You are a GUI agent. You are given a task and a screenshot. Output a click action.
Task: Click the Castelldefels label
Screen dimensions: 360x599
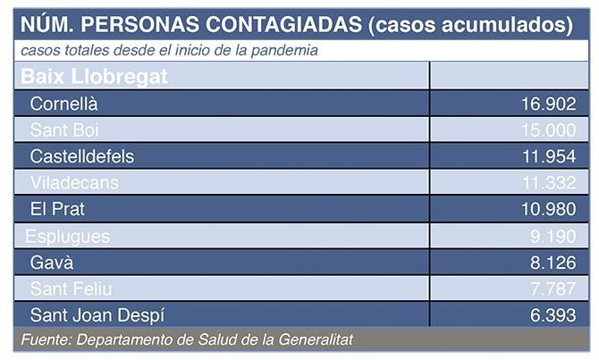pyautogui.click(x=81, y=156)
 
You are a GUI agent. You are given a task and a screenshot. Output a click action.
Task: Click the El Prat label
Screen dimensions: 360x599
pyautogui.click(x=57, y=209)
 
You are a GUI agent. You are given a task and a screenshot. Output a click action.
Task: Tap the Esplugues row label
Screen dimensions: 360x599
pyautogui.click(x=68, y=236)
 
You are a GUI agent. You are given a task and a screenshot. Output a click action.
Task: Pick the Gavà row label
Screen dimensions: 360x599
pyautogui.click(x=51, y=263)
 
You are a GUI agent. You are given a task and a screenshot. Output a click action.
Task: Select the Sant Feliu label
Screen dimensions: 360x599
pyautogui.click(x=71, y=289)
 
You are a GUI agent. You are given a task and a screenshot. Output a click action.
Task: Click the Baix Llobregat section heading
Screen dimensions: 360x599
pyautogui.click(x=94, y=76)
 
